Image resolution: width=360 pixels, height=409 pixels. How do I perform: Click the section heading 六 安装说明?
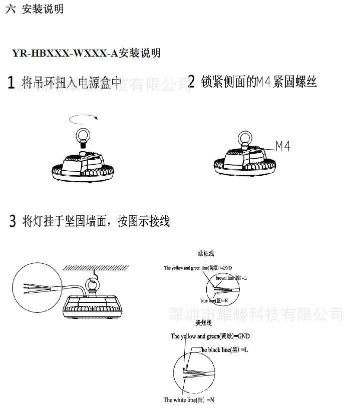click(x=35, y=10)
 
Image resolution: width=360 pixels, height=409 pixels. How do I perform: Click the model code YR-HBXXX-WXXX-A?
click(x=65, y=53)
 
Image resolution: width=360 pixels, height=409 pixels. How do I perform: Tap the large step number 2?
click(x=191, y=82)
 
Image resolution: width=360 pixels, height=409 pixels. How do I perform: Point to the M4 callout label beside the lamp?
click(x=283, y=146)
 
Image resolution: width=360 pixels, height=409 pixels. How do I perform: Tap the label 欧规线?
click(x=206, y=254)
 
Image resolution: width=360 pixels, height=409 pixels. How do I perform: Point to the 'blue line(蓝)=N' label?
click(x=214, y=301)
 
